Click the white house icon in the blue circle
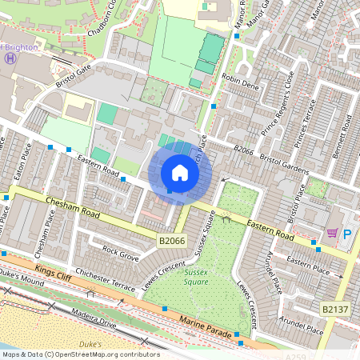coord(180,173)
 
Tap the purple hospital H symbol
coord(10,58)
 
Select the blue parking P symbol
coord(347,234)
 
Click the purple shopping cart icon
coord(332,234)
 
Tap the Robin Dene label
coord(240,82)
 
